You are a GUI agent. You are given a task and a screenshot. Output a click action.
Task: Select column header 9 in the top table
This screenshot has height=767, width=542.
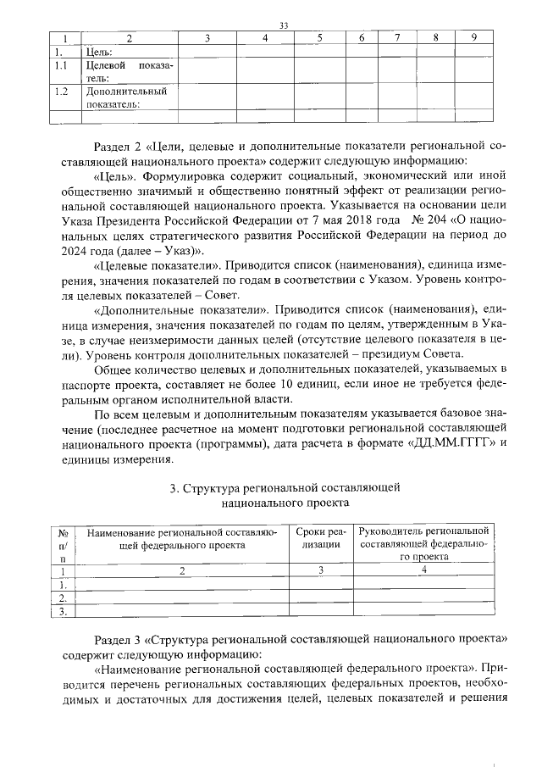pyautogui.click(x=474, y=37)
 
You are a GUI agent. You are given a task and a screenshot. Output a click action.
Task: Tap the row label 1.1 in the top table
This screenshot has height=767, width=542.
pyautogui.click(x=60, y=65)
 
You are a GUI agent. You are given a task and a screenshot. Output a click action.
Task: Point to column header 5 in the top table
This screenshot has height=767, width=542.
pyautogui.click(x=319, y=37)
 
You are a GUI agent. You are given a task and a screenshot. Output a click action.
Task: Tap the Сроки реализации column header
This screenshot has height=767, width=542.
pyautogui.click(x=322, y=538)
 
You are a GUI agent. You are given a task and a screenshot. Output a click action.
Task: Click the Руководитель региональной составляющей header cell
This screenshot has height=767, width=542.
pyautogui.click(x=423, y=543)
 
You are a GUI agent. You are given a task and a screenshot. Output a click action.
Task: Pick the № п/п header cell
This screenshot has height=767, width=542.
pyautogui.click(x=63, y=544)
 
